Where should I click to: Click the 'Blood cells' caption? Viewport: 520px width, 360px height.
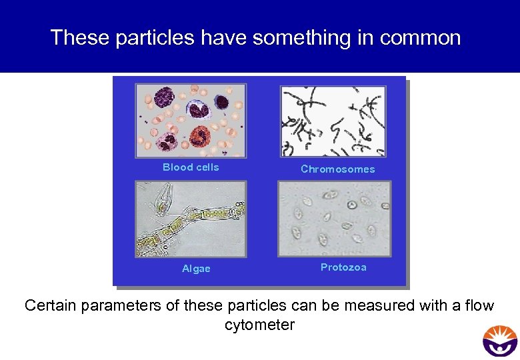pos(191,167)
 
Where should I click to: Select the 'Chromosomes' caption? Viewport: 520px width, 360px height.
pos(337,169)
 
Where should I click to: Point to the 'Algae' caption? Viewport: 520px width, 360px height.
pos(196,269)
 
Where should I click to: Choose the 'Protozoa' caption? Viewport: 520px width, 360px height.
pos(343,267)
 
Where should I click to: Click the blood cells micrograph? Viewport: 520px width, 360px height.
pos(191,121)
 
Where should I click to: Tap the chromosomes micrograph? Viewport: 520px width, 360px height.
pos(333,121)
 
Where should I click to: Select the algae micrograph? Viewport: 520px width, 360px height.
pos(191,219)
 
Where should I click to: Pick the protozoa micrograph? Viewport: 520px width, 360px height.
pos(334,219)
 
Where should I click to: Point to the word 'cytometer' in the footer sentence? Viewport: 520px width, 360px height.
pos(259,325)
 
